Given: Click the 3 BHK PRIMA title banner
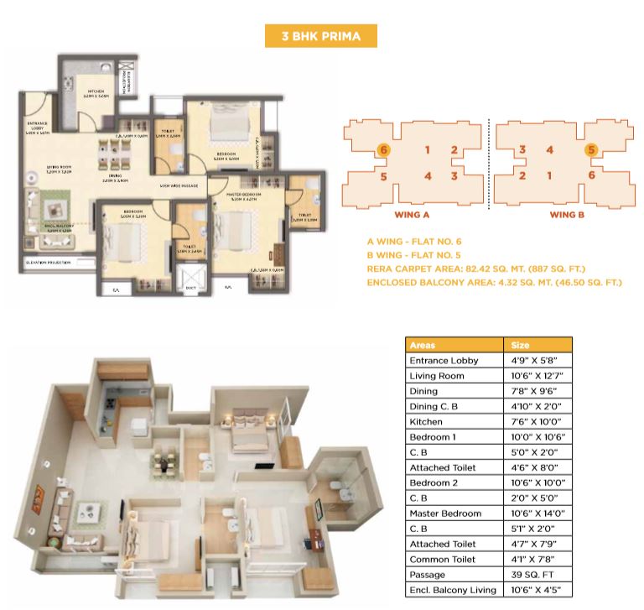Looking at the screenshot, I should click(x=321, y=36).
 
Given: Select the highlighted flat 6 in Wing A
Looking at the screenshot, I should click(x=383, y=149).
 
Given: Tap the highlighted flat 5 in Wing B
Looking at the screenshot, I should click(x=591, y=150).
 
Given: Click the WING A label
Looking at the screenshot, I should click(x=413, y=214).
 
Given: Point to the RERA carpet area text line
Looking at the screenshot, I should click(x=475, y=269).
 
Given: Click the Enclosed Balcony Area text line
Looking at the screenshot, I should click(x=494, y=283).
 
